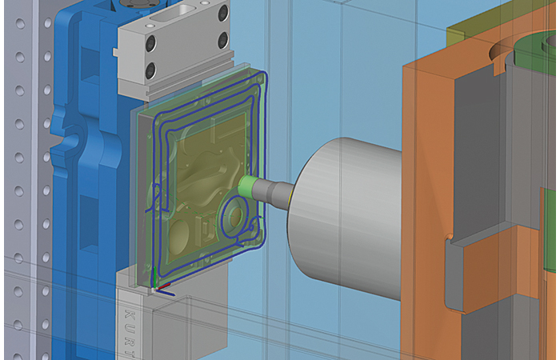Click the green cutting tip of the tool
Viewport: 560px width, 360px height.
coord(246,186)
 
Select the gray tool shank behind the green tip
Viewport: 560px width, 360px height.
coord(274,192)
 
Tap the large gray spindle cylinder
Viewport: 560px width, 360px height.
coord(346,218)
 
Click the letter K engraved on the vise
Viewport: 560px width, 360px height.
coord(130,314)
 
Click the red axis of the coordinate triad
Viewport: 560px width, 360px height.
coord(164,286)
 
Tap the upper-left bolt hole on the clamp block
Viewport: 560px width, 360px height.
coord(150,42)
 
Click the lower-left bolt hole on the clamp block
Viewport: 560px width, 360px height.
coord(150,70)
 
